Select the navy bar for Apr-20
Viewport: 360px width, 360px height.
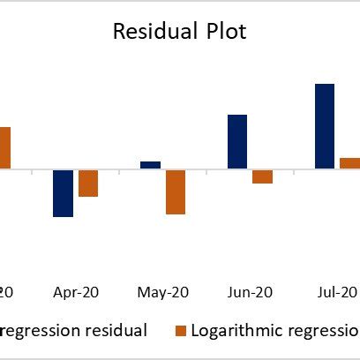pyautogui.click(x=63, y=192)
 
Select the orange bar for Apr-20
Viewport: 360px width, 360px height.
pyautogui.click(x=87, y=183)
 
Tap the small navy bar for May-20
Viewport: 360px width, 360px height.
pyautogui.click(x=150, y=164)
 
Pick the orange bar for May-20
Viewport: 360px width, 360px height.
pyautogui.click(x=176, y=191)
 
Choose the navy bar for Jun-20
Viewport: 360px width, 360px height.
pyautogui.click(x=237, y=141)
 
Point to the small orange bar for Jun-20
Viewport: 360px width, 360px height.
pyautogui.click(x=262, y=176)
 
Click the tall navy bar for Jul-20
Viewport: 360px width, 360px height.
pyautogui.click(x=325, y=125)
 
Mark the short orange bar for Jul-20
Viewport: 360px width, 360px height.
pyautogui.click(x=349, y=162)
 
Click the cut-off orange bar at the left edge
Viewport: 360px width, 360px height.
pyautogui.click(x=4, y=147)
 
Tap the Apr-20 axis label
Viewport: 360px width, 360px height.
pyautogui.click(x=75, y=292)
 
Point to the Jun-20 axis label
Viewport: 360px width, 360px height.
pyautogui.click(x=250, y=292)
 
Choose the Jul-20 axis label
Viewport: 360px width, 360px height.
pyautogui.click(x=336, y=292)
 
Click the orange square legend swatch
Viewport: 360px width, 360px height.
pyautogui.click(x=181, y=330)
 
